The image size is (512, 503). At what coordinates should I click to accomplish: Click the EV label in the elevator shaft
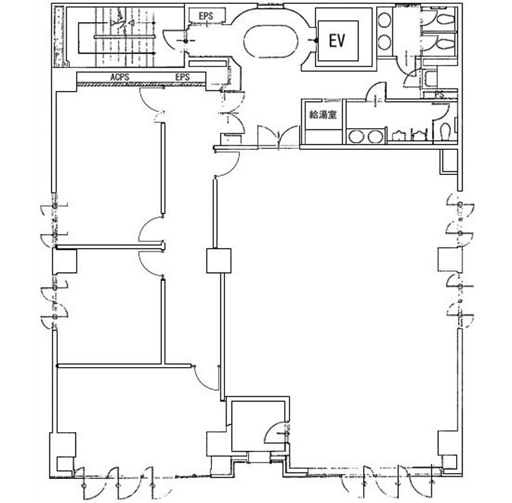(336, 41)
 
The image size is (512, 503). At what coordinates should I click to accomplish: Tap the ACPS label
(120, 77)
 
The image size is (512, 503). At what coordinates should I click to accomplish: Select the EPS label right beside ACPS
(182, 77)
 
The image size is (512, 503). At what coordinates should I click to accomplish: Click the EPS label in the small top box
(206, 16)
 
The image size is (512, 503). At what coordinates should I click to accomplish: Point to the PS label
(439, 95)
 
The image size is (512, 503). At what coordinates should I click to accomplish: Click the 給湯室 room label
(323, 115)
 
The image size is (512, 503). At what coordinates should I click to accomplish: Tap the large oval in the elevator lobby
(271, 41)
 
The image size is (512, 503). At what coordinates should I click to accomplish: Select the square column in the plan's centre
(219, 261)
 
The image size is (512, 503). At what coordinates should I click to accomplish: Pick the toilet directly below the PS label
(445, 131)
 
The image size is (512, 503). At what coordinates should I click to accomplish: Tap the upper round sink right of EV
(384, 20)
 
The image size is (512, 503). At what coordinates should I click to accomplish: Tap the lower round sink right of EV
(384, 42)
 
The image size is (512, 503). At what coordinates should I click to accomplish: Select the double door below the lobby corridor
(278, 137)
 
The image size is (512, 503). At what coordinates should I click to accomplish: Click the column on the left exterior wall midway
(64, 261)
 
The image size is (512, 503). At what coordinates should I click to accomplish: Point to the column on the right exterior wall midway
(450, 259)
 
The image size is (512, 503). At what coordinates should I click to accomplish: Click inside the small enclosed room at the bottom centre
(258, 425)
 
